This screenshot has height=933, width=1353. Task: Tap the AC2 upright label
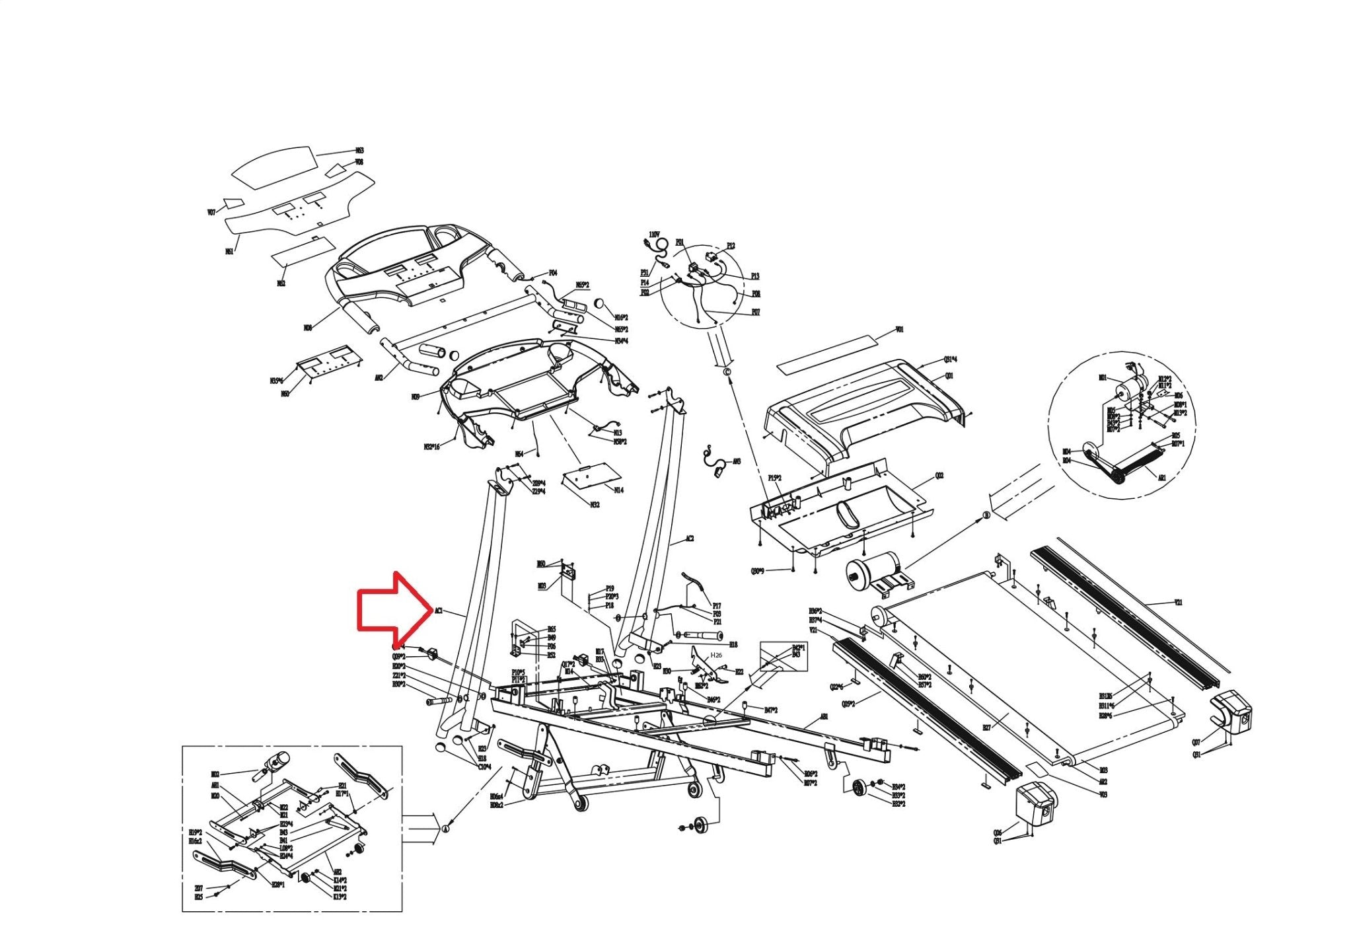coord(689,539)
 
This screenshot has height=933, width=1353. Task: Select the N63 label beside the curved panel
coord(360,151)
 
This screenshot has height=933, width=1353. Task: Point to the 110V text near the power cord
coord(654,235)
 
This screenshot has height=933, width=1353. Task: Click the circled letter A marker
coord(445,828)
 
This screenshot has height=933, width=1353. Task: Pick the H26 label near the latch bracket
coord(716,655)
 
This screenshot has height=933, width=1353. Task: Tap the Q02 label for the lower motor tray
coord(939,476)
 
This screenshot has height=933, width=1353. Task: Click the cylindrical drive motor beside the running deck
coord(873,571)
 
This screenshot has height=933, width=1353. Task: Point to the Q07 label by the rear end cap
coord(1196,743)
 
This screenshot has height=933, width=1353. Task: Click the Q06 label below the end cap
coord(998,833)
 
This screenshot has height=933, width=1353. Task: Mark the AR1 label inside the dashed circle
coord(1162,477)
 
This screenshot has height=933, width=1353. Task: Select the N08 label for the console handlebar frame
coord(308,327)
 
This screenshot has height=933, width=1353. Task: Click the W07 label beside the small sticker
coord(211,213)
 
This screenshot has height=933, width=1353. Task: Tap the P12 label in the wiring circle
coord(731,246)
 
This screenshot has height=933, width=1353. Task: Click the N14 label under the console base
coord(618,490)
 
